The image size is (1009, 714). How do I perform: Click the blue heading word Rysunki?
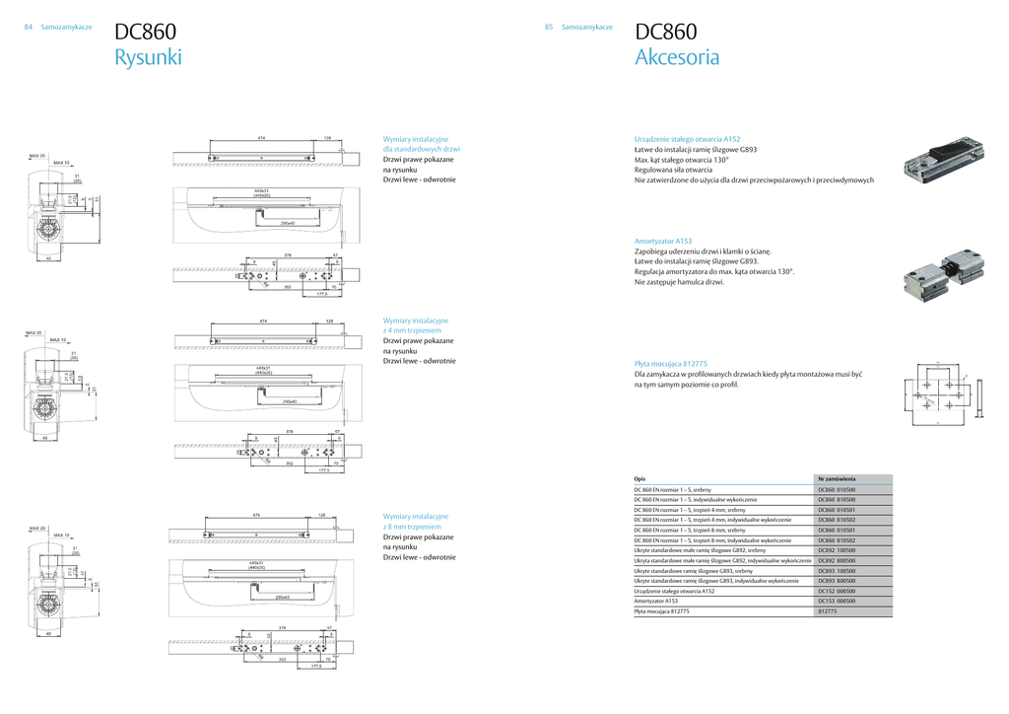148,57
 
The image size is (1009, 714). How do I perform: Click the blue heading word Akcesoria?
677,57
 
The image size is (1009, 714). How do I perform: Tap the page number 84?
29,27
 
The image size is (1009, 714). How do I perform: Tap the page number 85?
549,27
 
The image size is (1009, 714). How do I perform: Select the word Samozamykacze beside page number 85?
587,27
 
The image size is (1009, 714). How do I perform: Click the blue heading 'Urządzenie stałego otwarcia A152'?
687,140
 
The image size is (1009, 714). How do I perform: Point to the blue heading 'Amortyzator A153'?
663,241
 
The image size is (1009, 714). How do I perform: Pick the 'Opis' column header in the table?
639,478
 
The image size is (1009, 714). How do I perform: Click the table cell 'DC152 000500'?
837,591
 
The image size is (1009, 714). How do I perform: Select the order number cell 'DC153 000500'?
837,601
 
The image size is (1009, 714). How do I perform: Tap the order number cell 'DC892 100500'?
837,550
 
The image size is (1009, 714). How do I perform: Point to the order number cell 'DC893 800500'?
837,581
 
